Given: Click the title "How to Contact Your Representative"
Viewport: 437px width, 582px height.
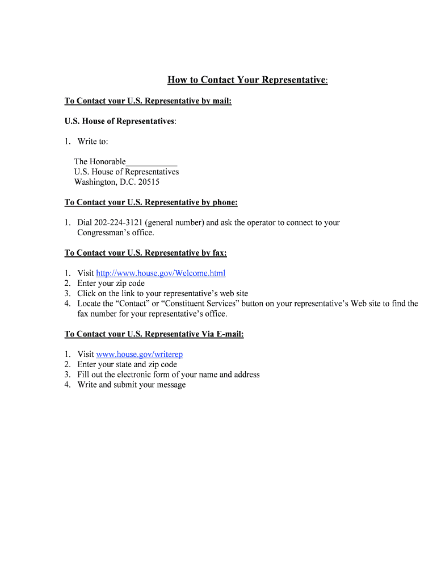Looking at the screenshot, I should pyautogui.click(x=247, y=80).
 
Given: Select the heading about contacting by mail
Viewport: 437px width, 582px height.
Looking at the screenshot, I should pyautogui.click(x=148, y=101).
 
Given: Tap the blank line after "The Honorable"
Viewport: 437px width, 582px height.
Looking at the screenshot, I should pyautogui.click(x=152, y=162).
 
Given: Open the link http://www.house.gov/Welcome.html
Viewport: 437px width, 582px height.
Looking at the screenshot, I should pyautogui.click(x=161, y=273).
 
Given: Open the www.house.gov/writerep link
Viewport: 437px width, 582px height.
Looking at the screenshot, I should pyautogui.click(x=140, y=355).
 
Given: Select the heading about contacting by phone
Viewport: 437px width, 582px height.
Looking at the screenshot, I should pyautogui.click(x=151, y=202).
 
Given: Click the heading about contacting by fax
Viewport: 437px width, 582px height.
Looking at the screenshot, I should pyautogui.click(x=145, y=253).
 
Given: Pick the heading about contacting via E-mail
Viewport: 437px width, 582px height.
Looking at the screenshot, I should pyautogui.click(x=154, y=334).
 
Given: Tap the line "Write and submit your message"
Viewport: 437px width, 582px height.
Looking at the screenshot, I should pyautogui.click(x=132, y=385).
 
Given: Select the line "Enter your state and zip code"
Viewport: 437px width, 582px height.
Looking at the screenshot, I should pyautogui.click(x=127, y=364).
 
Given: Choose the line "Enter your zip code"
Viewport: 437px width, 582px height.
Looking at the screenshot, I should pyautogui.click(x=111, y=283).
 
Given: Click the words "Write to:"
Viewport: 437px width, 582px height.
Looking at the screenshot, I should pyautogui.click(x=93, y=142).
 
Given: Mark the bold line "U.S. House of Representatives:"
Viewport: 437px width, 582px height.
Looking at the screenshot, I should pyautogui.click(x=120, y=122).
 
